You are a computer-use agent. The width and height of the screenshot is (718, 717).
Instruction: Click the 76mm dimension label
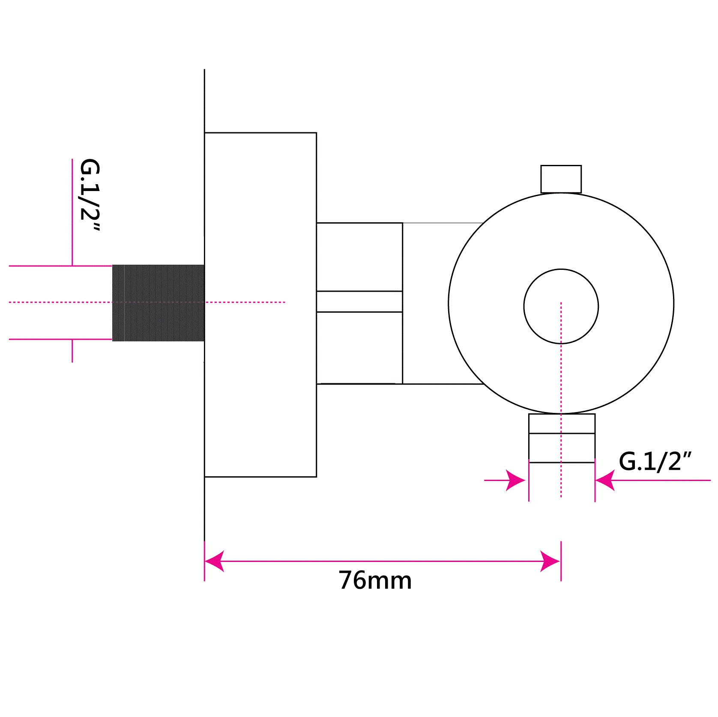(x=375, y=580)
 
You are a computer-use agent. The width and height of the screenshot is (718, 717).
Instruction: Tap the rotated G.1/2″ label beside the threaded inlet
(x=90, y=195)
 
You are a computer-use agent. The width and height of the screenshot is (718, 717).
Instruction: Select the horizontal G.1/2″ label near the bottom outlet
(x=655, y=462)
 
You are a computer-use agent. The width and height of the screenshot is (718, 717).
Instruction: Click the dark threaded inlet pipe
(x=158, y=303)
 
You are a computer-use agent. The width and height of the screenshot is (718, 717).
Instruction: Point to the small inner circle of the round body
(x=561, y=306)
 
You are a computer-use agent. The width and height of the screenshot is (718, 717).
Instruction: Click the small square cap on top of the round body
(x=561, y=179)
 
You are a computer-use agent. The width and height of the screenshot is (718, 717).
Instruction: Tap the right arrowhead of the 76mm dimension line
(x=550, y=561)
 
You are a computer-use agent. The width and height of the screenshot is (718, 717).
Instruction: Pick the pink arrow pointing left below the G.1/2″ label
(x=605, y=480)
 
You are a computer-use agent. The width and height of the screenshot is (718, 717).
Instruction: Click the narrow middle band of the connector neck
(x=359, y=302)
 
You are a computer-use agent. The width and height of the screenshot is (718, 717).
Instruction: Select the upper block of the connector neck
(x=359, y=257)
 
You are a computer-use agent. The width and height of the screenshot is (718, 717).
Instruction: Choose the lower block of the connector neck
(x=359, y=347)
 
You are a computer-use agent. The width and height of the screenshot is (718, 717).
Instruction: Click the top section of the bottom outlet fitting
(x=562, y=424)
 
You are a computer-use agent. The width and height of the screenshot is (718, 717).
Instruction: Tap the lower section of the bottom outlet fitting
(x=562, y=448)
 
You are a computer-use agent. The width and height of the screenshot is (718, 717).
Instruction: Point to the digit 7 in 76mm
(x=346, y=580)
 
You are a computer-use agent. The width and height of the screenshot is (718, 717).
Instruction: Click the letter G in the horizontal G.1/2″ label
(x=628, y=462)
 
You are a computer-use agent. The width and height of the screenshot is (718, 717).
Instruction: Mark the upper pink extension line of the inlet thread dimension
(x=60, y=266)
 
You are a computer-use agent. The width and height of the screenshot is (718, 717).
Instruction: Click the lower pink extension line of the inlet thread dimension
(x=60, y=339)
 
